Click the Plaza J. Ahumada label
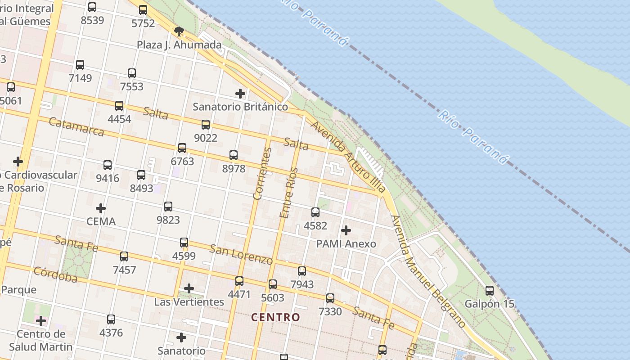click(x=179, y=45)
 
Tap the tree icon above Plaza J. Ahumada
click(x=179, y=31)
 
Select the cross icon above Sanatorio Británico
click(x=240, y=94)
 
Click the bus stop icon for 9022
click(x=206, y=125)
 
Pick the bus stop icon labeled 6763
click(x=182, y=148)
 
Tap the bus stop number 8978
click(x=234, y=169)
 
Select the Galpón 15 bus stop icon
click(x=490, y=291)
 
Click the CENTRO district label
click(x=275, y=317)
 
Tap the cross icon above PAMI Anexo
click(x=346, y=230)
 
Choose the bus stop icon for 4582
click(x=315, y=212)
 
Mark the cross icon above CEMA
click(x=101, y=208)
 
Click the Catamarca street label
click(x=76, y=126)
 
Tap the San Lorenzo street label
click(x=241, y=255)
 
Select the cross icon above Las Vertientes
click(x=189, y=288)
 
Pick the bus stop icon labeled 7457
click(x=124, y=256)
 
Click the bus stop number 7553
click(x=132, y=86)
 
